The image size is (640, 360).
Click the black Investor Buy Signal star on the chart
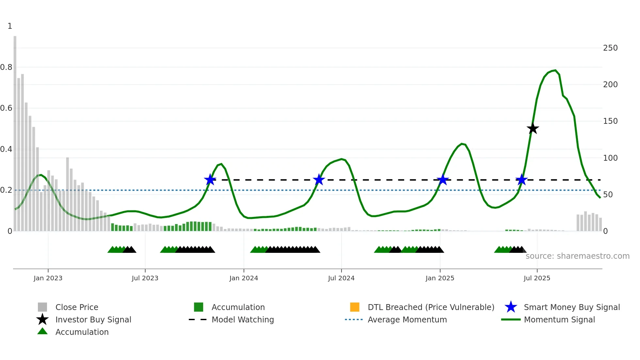(533, 128)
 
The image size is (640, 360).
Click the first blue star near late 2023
(210, 180)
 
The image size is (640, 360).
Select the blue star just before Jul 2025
(521, 180)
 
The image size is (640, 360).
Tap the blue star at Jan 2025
(442, 180)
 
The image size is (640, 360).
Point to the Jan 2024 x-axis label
(244, 278)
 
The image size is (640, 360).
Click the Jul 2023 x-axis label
(145, 278)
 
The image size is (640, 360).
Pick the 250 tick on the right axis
(610, 48)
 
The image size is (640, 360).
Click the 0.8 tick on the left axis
(6, 67)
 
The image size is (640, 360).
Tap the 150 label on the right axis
(610, 121)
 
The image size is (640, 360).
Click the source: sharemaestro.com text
(577, 256)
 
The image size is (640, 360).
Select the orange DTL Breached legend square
(355, 307)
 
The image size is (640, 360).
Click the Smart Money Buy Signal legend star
(511, 307)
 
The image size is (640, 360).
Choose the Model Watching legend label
(243, 319)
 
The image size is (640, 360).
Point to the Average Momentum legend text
(407, 319)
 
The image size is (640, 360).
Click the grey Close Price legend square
(42, 307)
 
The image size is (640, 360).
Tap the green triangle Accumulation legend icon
(42, 331)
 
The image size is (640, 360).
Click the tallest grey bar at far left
(15, 131)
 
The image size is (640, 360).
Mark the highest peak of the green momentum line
(555, 70)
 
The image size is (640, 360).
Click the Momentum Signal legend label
(559, 319)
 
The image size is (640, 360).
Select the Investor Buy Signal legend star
(42, 319)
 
